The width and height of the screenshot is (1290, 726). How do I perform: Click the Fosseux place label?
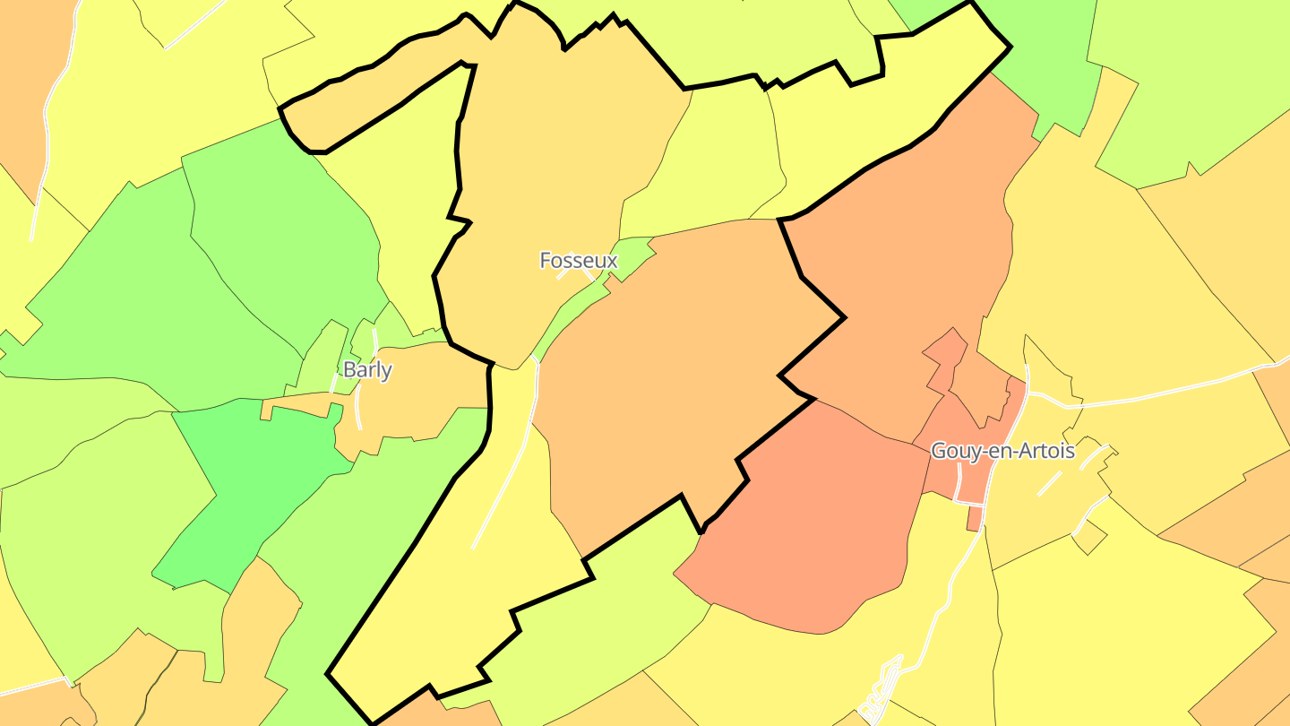point(579,261)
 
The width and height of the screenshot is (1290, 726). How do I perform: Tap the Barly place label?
point(367,370)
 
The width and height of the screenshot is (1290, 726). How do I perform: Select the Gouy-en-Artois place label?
point(1002,451)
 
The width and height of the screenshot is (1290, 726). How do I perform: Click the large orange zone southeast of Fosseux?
point(672,376)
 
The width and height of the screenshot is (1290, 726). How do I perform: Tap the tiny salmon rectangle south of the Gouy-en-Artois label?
point(974,519)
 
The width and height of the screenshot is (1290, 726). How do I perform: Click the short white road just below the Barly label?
point(359,408)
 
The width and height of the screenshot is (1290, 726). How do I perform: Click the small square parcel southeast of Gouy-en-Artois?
point(1090,538)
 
